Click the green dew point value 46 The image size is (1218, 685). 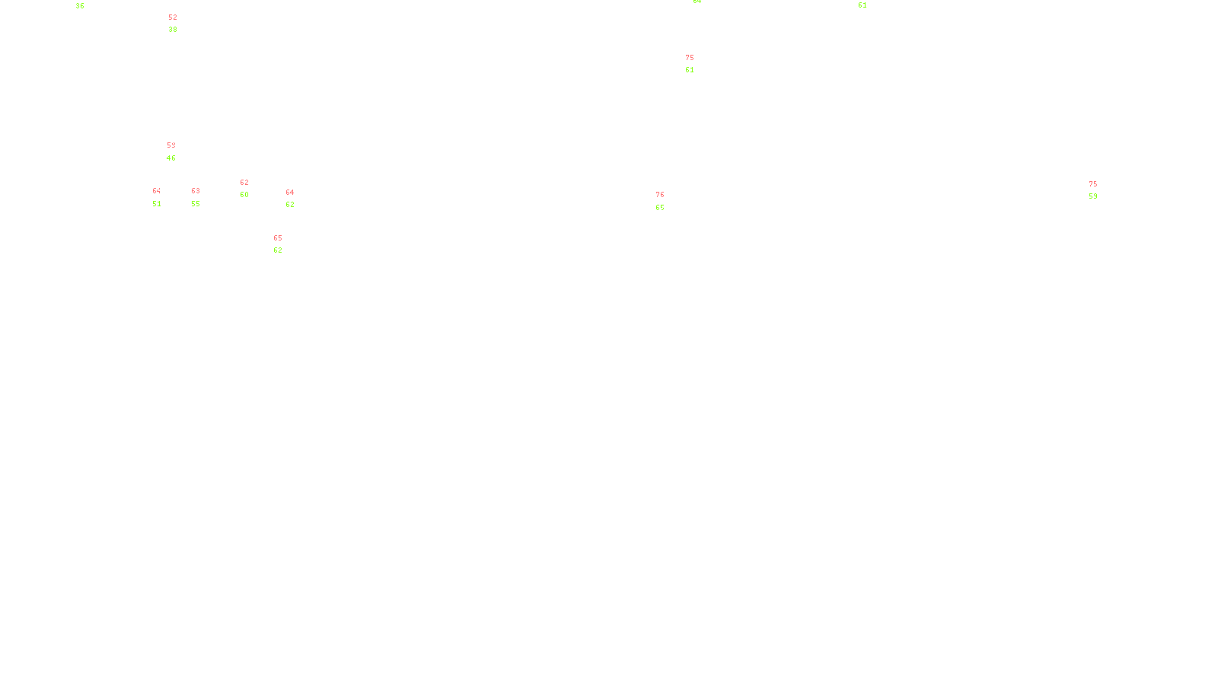pyautogui.click(x=171, y=158)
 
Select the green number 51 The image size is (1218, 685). pyautogui.click(x=157, y=204)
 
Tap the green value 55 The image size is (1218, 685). pyautogui.click(x=196, y=204)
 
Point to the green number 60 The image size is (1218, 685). pyautogui.click(x=244, y=195)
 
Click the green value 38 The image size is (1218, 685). pyautogui.click(x=173, y=30)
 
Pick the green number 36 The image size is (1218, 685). pyautogui.click(x=80, y=6)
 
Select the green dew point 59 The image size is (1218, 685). pyautogui.click(x=1093, y=196)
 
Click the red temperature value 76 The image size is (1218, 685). pyautogui.click(x=660, y=195)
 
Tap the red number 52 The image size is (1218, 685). pyautogui.click(x=173, y=17)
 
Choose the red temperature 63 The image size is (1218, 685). pyautogui.click(x=196, y=191)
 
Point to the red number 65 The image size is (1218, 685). pyautogui.click(x=278, y=238)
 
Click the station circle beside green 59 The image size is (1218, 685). pyautogui.click(x=1100, y=190)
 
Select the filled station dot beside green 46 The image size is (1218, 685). pyautogui.click(x=179, y=152)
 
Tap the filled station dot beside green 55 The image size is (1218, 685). pyautogui.click(x=203, y=197)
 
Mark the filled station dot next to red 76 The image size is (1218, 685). pyautogui.click(x=668, y=201)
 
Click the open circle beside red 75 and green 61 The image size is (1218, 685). pyautogui.click(x=697, y=64)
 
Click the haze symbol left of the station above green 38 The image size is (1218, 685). pyautogui.click(x=174, y=24)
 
